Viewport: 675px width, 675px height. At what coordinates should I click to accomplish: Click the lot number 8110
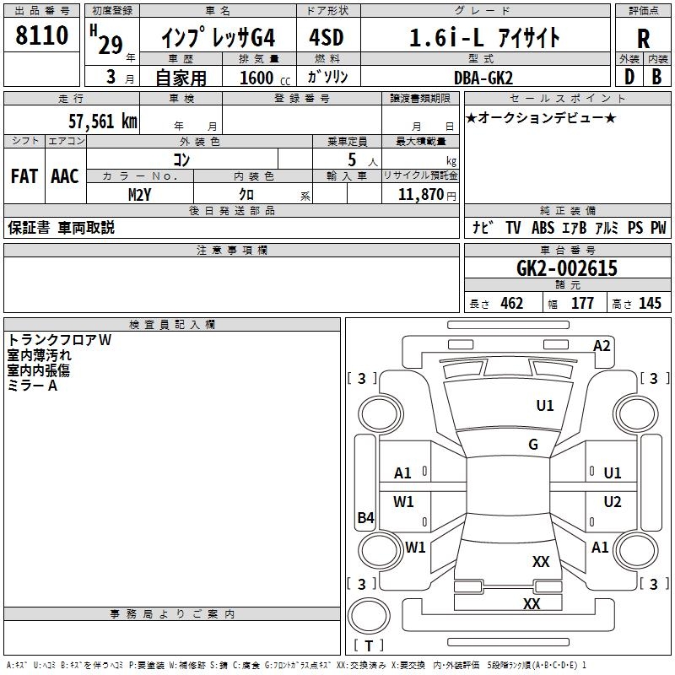pyautogui.click(x=41, y=35)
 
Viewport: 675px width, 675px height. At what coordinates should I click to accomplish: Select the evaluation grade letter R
pyautogui.click(x=643, y=39)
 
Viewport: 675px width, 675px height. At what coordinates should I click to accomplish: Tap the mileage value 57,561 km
pyautogui.click(x=103, y=121)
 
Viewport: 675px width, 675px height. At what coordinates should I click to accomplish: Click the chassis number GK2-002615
pyautogui.click(x=566, y=268)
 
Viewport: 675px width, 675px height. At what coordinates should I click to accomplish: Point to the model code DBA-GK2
pyautogui.click(x=483, y=78)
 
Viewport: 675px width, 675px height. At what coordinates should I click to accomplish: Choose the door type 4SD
pyautogui.click(x=327, y=37)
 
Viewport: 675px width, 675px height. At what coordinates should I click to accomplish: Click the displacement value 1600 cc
pyautogui.click(x=265, y=78)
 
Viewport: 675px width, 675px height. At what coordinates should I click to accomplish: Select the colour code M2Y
pyautogui.click(x=140, y=195)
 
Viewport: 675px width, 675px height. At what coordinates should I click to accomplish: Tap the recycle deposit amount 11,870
pyautogui.click(x=420, y=195)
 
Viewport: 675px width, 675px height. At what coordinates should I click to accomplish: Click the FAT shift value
pyautogui.click(x=24, y=176)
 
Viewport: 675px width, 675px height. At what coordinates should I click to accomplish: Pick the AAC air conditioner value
pyautogui.click(x=65, y=176)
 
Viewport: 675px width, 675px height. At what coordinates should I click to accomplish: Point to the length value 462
pyautogui.click(x=512, y=303)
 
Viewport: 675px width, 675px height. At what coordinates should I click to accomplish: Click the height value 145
pyautogui.click(x=650, y=303)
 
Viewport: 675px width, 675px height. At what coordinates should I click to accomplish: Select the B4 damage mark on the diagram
pyautogui.click(x=365, y=517)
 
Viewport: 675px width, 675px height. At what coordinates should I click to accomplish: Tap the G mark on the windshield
pyautogui.click(x=533, y=444)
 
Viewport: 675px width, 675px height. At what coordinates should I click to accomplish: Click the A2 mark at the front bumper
pyautogui.click(x=602, y=346)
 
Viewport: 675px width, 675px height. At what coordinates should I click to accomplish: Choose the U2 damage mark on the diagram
pyautogui.click(x=613, y=501)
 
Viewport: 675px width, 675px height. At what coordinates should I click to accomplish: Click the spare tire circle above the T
pyautogui.click(x=369, y=599)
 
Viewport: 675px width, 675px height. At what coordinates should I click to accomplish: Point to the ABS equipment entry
pyautogui.click(x=543, y=228)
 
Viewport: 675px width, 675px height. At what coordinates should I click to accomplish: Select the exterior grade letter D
pyautogui.click(x=629, y=77)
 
